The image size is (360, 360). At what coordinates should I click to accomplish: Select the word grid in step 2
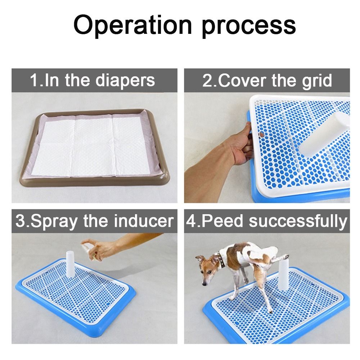tap(316, 81)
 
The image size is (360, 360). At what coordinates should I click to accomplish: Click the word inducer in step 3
tap(144, 220)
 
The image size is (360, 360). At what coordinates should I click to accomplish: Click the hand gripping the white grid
tap(243, 144)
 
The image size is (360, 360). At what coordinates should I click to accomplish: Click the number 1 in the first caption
tap(34, 80)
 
